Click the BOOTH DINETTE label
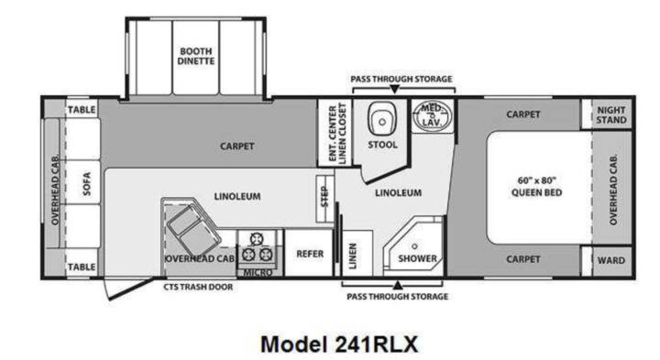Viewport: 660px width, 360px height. coord(196,56)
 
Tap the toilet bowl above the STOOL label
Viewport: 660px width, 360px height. coord(382,118)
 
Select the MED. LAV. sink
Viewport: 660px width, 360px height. coord(432,115)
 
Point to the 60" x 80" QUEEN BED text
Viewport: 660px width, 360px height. coord(536,186)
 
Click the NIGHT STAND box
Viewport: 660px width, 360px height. coord(611,114)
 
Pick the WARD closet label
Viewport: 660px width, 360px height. coord(611,260)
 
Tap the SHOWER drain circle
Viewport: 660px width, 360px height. coord(414,246)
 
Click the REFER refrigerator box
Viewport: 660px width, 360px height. coord(310,253)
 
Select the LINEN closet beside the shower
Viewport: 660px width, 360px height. coord(357,254)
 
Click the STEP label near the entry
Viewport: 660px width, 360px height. coord(324,197)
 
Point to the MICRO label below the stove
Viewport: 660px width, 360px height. coord(258,273)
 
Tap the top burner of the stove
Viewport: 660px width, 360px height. coord(257,239)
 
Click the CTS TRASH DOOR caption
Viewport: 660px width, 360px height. coord(198,287)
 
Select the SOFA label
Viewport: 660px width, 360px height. coord(87,184)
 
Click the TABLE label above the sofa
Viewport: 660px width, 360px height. coord(82,110)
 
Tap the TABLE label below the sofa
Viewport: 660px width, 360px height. coord(82,267)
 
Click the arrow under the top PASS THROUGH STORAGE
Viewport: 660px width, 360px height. coord(394,89)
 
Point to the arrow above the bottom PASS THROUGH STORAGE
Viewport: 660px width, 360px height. coord(397,286)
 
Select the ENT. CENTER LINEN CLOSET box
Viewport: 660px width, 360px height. coord(335,133)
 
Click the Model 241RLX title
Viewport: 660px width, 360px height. coord(339,344)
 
